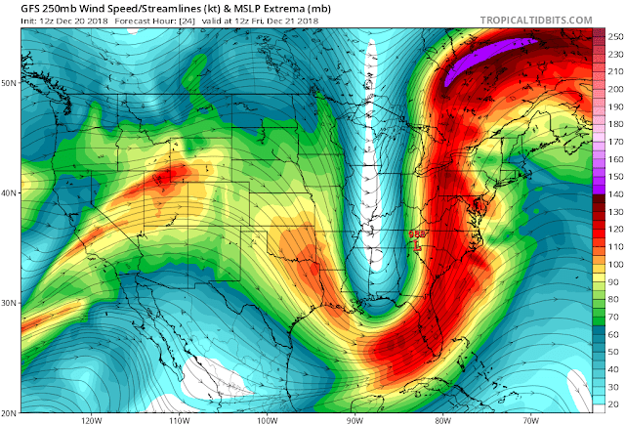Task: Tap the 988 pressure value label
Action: coord(417,235)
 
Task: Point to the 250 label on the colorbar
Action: coord(614,36)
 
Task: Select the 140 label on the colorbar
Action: coord(614,196)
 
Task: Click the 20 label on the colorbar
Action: coord(614,404)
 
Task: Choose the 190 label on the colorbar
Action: coord(614,124)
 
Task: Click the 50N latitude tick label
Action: coord(10,83)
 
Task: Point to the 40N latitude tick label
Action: coord(10,192)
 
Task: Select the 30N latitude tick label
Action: coord(10,302)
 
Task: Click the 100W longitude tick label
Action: coord(267,420)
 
